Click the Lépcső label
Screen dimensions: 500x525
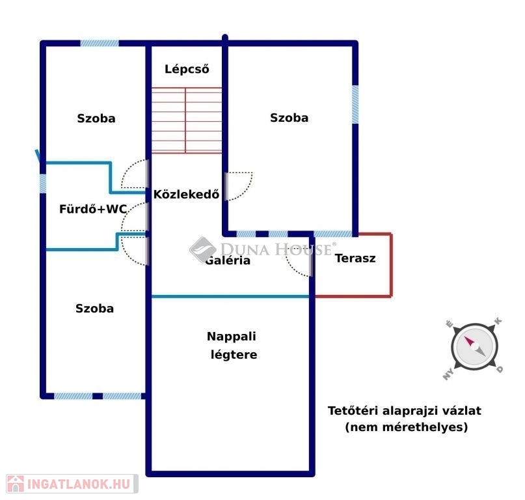point(187,69)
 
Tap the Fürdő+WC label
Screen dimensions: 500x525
point(92,209)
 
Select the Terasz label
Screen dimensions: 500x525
point(355,258)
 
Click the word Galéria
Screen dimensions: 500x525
point(228,260)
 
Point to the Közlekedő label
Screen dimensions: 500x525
point(186,193)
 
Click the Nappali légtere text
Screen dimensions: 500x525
point(232,346)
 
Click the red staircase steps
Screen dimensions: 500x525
point(187,120)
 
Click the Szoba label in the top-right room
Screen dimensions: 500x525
point(289,118)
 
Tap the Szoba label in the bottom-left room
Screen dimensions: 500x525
point(94,308)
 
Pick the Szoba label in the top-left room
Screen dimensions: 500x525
point(96,118)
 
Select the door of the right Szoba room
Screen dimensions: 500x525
point(238,186)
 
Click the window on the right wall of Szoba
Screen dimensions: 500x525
point(355,105)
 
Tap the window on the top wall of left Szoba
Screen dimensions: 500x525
point(100,44)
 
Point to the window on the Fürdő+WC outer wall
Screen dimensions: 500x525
point(43,183)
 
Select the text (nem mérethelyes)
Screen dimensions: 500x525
point(406,428)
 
